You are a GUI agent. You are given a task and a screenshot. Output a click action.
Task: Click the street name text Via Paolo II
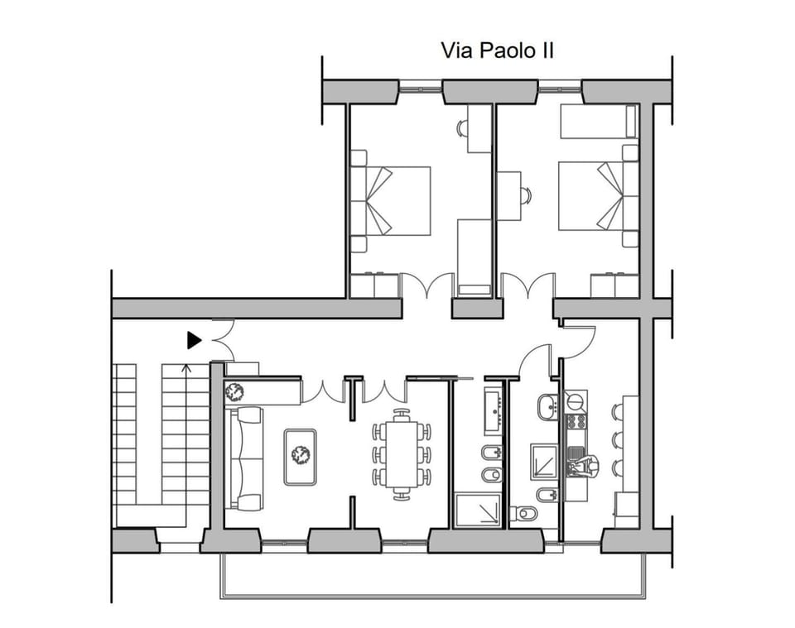click(x=496, y=50)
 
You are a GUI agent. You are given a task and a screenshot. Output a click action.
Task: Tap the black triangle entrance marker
click(x=194, y=339)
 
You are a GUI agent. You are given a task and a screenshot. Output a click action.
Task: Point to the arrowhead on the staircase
click(x=185, y=365)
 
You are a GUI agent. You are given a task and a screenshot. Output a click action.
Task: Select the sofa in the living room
click(x=244, y=458)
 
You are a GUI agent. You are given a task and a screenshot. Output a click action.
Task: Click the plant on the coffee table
click(x=299, y=453)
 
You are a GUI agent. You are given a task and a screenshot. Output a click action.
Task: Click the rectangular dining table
click(x=402, y=454)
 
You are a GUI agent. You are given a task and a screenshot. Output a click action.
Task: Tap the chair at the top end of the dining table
click(x=402, y=413)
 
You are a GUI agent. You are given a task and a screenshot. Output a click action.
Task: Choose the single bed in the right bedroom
click(x=599, y=122)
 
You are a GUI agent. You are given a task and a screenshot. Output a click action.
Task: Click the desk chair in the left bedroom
click(x=462, y=128)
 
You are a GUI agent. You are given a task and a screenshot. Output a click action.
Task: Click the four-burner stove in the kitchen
click(x=576, y=421)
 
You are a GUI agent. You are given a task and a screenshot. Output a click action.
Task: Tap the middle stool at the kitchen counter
click(x=617, y=439)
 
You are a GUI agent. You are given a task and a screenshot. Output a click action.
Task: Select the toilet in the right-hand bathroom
click(x=523, y=514)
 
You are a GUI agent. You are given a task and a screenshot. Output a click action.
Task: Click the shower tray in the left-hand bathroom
click(x=479, y=511)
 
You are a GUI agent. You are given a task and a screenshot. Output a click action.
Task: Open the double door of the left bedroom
click(x=426, y=285)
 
